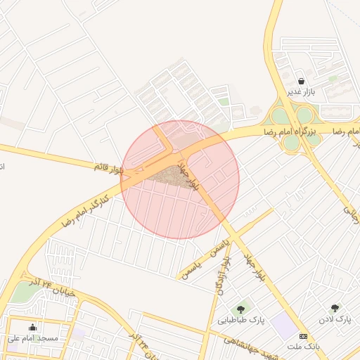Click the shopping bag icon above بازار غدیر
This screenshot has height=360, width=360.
coord(302,82)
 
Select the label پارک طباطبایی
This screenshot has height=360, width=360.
coord(240,319)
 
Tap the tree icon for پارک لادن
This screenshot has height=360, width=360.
coord(334,308)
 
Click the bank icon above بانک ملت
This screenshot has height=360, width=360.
coord(303,336)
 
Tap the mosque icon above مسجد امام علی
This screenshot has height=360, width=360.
coord(32,327)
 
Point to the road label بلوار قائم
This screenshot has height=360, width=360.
coord(109,167)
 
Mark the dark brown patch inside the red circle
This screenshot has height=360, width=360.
coord(170,175)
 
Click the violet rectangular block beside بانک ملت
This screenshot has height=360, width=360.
coord(284,324)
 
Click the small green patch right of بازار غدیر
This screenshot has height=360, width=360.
coord(334,78)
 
